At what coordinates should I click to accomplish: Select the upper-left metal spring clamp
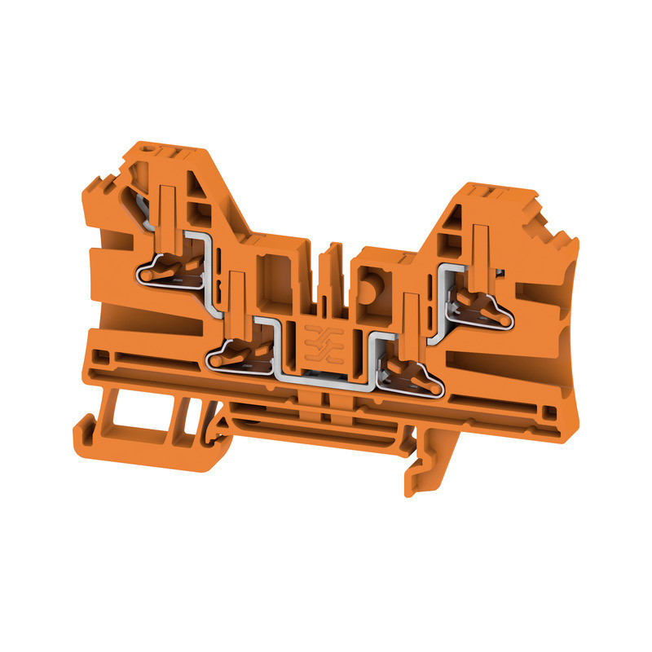pos(171,270)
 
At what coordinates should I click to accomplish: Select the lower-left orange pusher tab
pos(237,302)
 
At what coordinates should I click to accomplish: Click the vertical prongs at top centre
pos(330,269)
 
